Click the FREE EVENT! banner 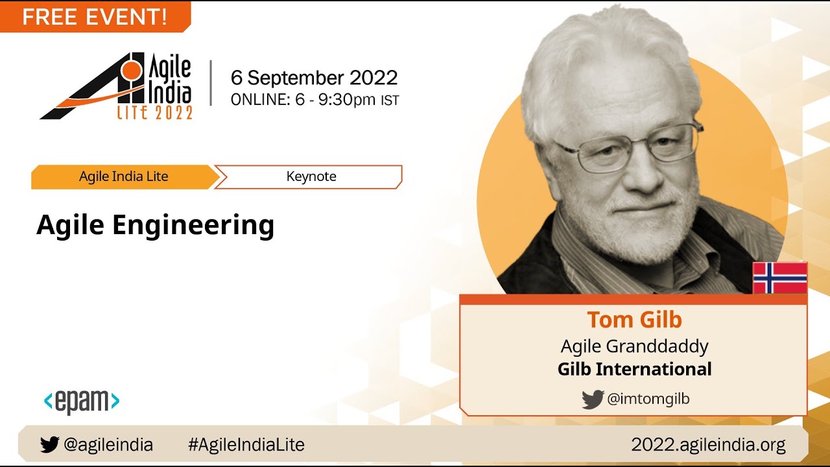coord(95,17)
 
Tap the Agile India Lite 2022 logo coord(117,86)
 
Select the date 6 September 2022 coord(314,78)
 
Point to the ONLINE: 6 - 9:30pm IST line coord(314,100)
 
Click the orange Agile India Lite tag coord(123,176)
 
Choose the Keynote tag coord(311,176)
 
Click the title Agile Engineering coord(156,225)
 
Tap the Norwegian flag coord(779,278)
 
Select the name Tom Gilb coord(634,320)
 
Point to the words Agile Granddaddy coord(634,346)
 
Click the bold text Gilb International coord(634,369)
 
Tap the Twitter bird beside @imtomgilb coord(593,400)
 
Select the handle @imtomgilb coord(648,400)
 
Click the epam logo coord(82,401)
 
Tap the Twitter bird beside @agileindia coord(49,445)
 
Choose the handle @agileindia coord(108,445)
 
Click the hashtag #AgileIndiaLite coord(246,445)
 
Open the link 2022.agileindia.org coord(708,445)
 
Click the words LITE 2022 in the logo coord(154,113)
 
